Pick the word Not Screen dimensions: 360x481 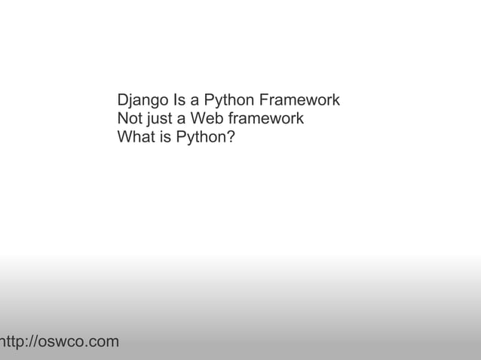(129, 119)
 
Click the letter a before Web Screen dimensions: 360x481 (181, 119)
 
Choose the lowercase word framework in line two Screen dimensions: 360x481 (266, 119)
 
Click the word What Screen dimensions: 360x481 (136, 137)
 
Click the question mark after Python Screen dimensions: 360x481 (230, 137)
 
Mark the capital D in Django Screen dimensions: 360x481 (123, 100)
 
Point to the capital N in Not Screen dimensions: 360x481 (122, 119)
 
